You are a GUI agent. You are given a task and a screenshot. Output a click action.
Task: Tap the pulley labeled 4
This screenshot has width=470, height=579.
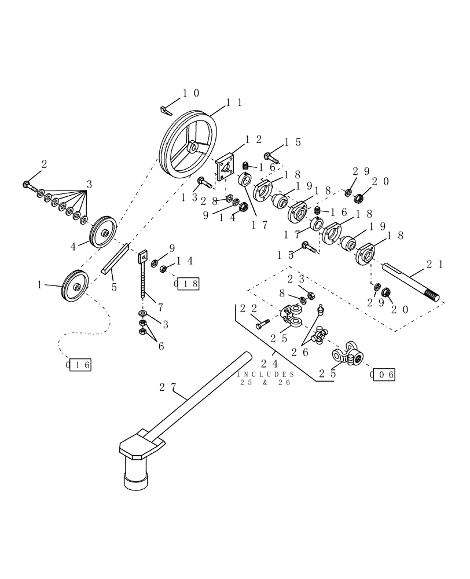click(x=103, y=232)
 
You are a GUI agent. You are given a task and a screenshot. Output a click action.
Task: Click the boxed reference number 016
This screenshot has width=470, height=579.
click(x=79, y=364)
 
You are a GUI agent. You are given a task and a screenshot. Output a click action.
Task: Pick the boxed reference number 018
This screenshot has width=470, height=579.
click(x=188, y=284)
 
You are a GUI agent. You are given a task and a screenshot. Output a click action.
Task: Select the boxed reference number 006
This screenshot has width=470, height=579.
click(x=383, y=374)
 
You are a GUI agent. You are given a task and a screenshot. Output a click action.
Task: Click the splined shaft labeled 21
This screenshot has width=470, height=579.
click(x=410, y=284)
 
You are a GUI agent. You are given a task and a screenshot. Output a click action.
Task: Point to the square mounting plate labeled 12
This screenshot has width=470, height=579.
click(x=227, y=167)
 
